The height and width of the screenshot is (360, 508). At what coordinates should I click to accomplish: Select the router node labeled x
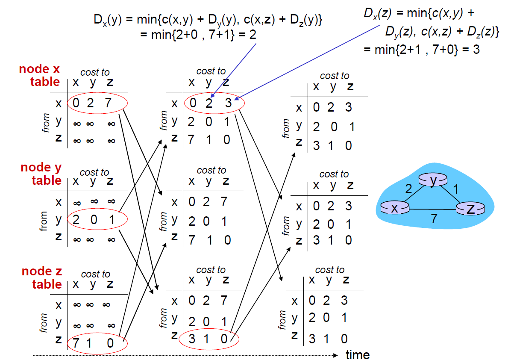(x=394, y=208)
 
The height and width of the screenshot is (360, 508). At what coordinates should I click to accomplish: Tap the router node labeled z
(x=471, y=209)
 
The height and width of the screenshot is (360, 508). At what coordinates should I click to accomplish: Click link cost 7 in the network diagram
(x=434, y=219)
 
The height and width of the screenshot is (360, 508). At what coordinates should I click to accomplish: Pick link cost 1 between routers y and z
(x=455, y=189)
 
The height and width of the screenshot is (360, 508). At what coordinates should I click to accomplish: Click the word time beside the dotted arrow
(x=358, y=354)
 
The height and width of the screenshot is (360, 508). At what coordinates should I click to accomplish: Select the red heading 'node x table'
(x=40, y=76)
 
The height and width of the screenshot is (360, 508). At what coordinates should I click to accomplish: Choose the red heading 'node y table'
(x=41, y=174)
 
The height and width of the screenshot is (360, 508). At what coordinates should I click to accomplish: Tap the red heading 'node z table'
(x=41, y=278)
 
